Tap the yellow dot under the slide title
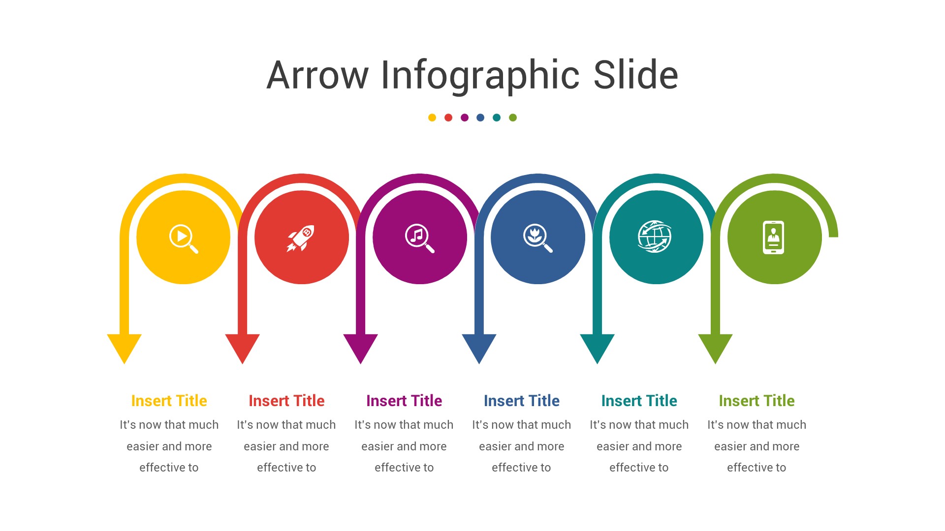coord(432,118)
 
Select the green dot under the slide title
coord(513,118)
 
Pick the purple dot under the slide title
coord(465,118)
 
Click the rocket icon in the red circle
coord(301,238)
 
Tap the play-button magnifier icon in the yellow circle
coord(184,238)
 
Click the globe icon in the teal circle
coord(655,236)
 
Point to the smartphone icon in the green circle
coord(773,237)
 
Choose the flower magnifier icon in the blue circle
coord(537,238)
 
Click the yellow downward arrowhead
coord(125,346)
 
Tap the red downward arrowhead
coord(243,346)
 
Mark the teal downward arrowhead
coord(597,346)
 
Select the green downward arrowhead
coord(715,346)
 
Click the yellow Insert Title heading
coord(169,401)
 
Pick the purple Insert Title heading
coord(404,401)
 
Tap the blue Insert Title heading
coord(522,401)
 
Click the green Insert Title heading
coord(756,401)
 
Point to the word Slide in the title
coord(635,75)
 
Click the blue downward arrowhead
coord(479,346)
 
